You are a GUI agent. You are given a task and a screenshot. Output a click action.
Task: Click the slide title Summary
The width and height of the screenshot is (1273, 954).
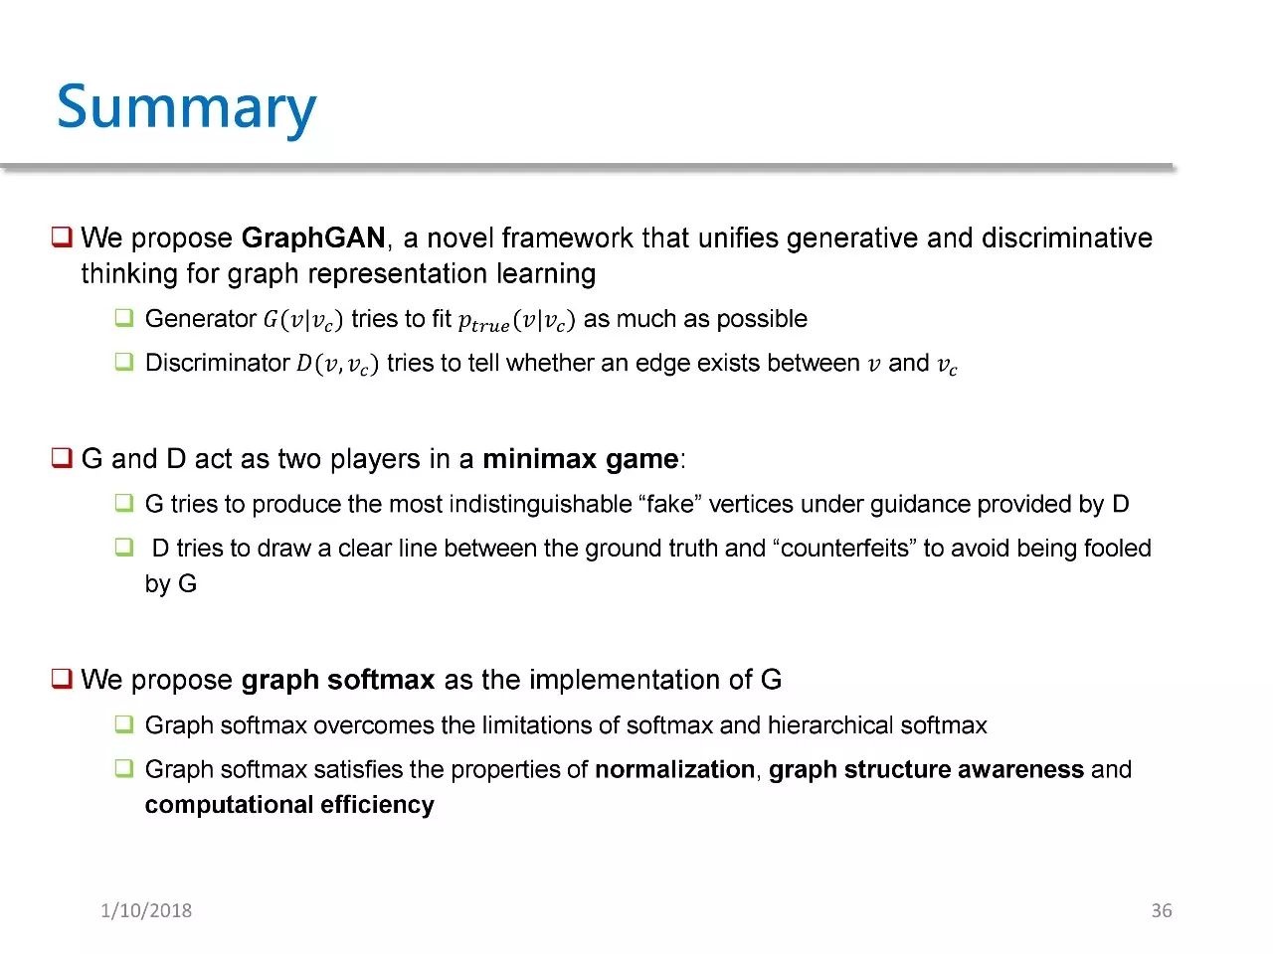pyautogui.click(x=186, y=108)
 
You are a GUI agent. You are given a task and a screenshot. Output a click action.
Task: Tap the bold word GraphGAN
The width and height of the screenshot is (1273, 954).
pyautogui.click(x=313, y=238)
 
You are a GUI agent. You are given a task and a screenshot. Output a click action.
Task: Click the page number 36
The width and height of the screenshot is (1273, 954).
pyautogui.click(x=1161, y=910)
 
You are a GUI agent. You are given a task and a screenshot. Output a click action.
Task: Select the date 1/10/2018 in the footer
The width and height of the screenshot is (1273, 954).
pyautogui.click(x=146, y=910)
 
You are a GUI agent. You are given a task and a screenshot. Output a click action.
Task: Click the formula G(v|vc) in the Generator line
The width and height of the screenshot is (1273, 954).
pyautogui.click(x=303, y=320)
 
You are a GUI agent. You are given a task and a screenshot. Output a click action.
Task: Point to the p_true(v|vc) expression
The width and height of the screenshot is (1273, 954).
pyautogui.click(x=516, y=320)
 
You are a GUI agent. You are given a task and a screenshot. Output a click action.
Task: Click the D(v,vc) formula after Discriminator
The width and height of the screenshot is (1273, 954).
pyautogui.click(x=337, y=364)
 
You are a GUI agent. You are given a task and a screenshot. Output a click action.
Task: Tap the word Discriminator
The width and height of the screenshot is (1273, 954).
pyautogui.click(x=218, y=363)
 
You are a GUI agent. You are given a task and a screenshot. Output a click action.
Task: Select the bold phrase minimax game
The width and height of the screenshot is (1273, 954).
pyautogui.click(x=581, y=459)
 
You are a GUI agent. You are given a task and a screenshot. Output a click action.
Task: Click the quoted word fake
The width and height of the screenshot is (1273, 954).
pyautogui.click(x=670, y=504)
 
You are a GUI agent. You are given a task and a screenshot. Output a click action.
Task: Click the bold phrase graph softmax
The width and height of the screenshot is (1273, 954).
pyautogui.click(x=338, y=680)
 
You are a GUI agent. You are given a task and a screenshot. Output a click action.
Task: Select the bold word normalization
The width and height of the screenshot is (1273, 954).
pyautogui.click(x=675, y=770)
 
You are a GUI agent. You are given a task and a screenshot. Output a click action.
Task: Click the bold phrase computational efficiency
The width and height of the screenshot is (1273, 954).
pyautogui.click(x=289, y=805)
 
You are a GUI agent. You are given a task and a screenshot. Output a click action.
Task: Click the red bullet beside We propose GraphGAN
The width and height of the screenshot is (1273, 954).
pyautogui.click(x=62, y=237)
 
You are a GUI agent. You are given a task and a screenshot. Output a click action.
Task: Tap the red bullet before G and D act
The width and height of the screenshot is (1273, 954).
pyautogui.click(x=62, y=457)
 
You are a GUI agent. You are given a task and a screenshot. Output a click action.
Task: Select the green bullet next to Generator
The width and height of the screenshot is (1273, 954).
pyautogui.click(x=124, y=318)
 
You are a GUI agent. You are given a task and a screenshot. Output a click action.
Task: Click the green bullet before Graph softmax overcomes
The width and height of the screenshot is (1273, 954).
pyautogui.click(x=124, y=724)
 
